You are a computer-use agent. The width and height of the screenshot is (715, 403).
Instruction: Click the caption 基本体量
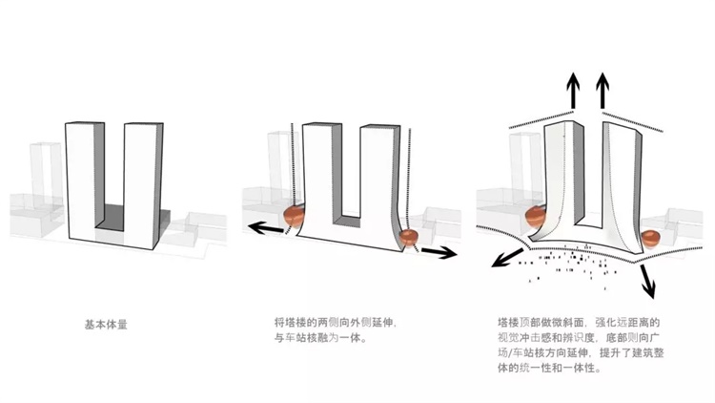[x=106, y=325]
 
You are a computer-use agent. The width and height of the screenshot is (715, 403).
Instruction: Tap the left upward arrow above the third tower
[x=573, y=91]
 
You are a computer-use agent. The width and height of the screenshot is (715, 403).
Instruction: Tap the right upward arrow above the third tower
[x=603, y=91]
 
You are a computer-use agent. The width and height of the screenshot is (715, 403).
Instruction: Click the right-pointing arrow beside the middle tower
[x=439, y=252]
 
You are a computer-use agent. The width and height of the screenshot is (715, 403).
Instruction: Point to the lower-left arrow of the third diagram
[x=507, y=258]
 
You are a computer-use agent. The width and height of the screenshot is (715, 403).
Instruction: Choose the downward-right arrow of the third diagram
[x=647, y=281]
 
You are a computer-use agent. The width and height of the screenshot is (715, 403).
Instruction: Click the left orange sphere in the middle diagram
[x=294, y=216]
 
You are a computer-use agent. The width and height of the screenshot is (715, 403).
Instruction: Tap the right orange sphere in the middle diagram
[x=409, y=238]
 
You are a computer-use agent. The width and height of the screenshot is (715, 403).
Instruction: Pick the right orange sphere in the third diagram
[x=650, y=240]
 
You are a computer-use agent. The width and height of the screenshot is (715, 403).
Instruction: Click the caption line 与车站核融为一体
[x=320, y=338]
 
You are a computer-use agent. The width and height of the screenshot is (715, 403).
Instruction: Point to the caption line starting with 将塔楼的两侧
[x=336, y=323]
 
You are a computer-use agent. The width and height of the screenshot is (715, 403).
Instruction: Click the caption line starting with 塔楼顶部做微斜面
[x=579, y=323]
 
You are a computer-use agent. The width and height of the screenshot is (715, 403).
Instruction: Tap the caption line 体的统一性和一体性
[x=549, y=368]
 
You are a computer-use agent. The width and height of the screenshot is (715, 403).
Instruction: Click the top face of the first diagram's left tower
[x=85, y=123]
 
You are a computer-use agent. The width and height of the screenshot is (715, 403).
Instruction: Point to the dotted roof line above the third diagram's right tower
[x=632, y=121]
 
